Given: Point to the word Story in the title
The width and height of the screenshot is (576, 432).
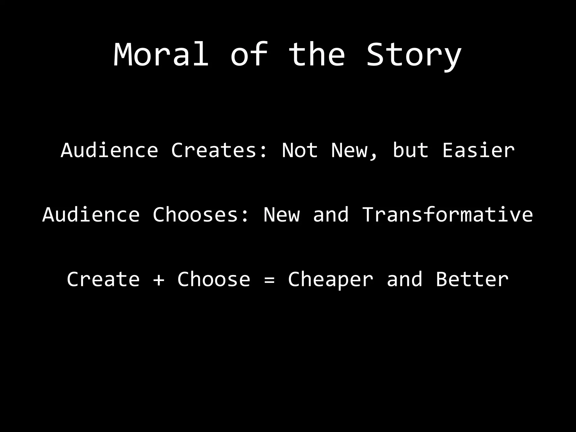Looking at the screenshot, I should point(414,55).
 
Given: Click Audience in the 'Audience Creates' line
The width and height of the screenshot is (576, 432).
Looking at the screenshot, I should point(109,150).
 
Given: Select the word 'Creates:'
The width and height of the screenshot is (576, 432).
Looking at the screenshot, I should point(219,150).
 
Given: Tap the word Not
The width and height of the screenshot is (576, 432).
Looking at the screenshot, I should point(300,150).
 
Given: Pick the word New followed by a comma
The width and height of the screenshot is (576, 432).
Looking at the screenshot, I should point(354,151).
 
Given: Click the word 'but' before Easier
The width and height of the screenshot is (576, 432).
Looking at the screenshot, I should point(410,150).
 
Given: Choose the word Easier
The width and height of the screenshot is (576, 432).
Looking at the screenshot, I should point(478,150).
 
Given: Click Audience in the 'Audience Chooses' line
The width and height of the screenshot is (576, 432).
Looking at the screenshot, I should point(91,215).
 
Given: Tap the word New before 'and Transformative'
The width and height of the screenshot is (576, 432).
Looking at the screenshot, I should point(282,215).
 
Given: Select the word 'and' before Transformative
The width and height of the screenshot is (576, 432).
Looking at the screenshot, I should point(331,215).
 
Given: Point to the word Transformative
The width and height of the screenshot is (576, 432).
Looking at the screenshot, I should point(447,215).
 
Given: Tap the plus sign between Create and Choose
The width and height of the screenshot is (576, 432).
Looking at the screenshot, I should point(159,280).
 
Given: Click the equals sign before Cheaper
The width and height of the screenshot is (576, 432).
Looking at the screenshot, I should point(269,280).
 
